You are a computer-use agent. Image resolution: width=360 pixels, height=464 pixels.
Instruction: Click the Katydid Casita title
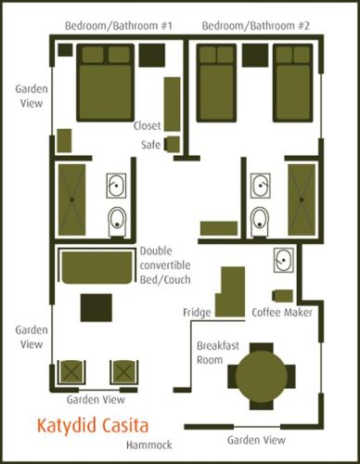click(93, 426)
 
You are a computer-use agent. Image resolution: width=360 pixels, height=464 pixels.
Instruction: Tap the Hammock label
click(149, 445)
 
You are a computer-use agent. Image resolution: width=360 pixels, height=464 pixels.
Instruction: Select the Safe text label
click(150, 145)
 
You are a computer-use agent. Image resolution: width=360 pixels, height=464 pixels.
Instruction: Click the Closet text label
click(147, 125)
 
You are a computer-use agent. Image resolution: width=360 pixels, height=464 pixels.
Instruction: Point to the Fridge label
click(197, 313)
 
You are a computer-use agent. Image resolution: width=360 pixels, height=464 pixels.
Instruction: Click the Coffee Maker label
click(282, 313)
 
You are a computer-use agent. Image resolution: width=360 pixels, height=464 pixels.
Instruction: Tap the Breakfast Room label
click(218, 353)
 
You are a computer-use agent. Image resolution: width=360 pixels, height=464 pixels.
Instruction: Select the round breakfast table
click(262, 376)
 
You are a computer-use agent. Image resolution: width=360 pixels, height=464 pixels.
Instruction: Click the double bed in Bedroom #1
click(106, 83)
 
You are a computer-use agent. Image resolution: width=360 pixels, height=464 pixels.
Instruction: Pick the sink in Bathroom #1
click(116, 186)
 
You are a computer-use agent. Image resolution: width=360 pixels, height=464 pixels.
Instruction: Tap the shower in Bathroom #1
click(71, 200)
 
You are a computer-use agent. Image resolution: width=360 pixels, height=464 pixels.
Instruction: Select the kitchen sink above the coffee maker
click(284, 260)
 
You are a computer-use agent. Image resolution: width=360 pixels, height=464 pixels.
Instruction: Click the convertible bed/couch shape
click(97, 267)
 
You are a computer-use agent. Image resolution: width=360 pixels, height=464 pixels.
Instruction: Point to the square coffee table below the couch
click(96, 308)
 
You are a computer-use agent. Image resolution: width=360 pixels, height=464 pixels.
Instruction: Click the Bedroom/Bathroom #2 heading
click(255, 26)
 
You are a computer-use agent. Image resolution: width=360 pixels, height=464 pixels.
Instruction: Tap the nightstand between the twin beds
click(255, 56)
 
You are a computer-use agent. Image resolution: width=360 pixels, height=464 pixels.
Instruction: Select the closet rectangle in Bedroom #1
click(172, 104)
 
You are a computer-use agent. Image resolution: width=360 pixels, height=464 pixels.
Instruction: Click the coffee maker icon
click(283, 296)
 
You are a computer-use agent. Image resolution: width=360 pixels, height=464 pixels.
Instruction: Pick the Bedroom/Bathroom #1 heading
click(119, 26)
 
